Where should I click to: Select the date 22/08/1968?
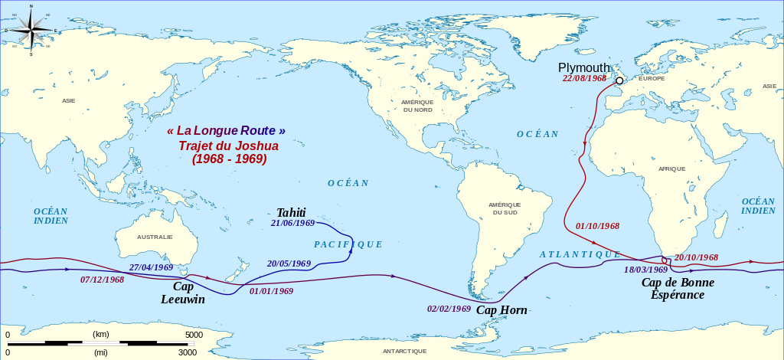click(x=585, y=78)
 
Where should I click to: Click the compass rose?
click(x=31, y=30)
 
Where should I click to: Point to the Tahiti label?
click(x=291, y=212)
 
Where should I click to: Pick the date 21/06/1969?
click(x=293, y=223)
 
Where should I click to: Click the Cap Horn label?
click(x=501, y=310)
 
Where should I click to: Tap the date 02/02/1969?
click(x=449, y=309)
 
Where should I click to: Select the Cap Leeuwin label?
click(x=183, y=293)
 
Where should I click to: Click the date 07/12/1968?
click(x=102, y=280)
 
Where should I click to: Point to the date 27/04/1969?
click(x=152, y=267)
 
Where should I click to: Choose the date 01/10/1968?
click(x=597, y=226)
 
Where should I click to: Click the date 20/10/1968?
click(x=696, y=257)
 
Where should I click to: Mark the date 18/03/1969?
click(x=646, y=270)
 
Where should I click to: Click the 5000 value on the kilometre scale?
click(x=194, y=335)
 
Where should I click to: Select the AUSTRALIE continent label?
click(x=155, y=237)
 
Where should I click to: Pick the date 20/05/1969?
click(x=289, y=263)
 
